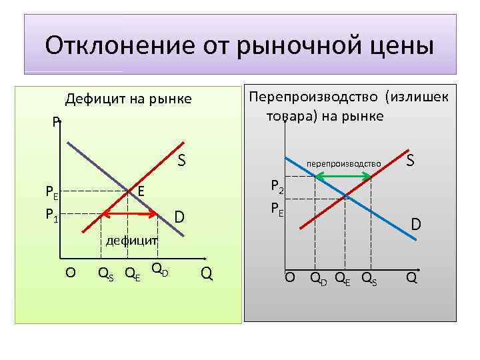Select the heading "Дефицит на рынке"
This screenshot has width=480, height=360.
pyautogui.click(x=128, y=99)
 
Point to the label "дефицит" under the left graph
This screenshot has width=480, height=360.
pyautogui.click(x=130, y=239)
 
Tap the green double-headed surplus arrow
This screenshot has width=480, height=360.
pyautogui.click(x=343, y=176)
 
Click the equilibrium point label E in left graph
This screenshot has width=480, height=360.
pyautogui.click(x=141, y=192)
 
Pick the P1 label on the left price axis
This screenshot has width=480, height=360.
pyautogui.click(x=51, y=214)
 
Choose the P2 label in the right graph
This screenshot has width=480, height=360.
pyautogui.click(x=277, y=188)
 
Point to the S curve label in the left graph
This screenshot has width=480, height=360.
pyautogui.click(x=181, y=161)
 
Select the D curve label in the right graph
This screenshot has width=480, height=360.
pyautogui.click(x=415, y=226)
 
